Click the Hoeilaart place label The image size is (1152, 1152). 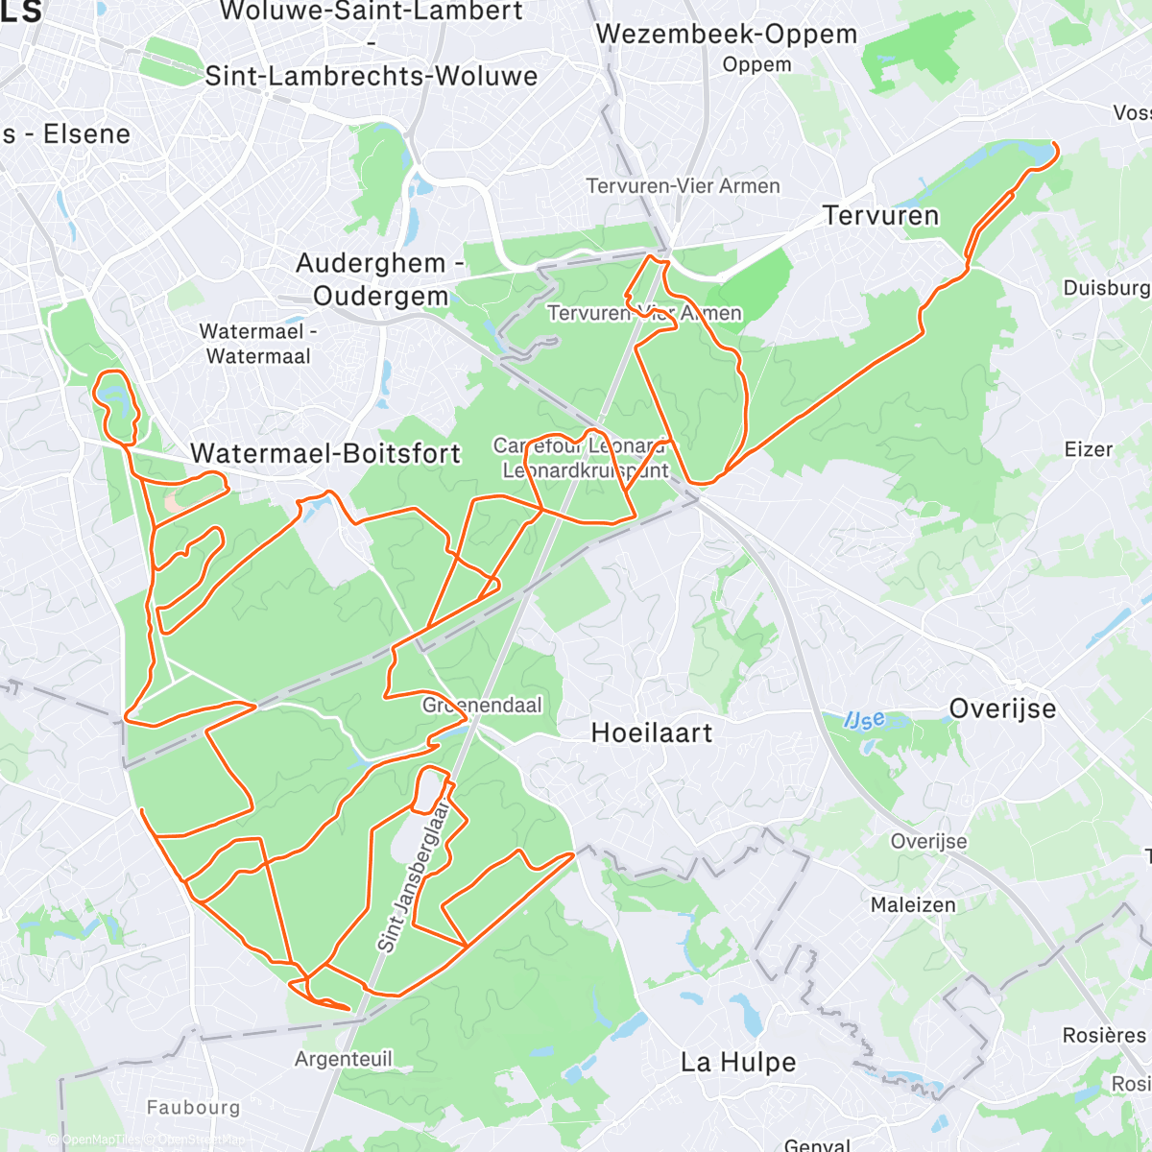(652, 733)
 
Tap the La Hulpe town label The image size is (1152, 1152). (738, 1063)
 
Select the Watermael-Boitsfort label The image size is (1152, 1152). (325, 453)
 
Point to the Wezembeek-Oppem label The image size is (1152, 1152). (726, 35)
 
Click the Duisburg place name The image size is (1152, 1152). (1106, 288)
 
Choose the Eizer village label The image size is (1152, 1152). (1089, 449)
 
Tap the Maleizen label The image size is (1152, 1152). (913, 904)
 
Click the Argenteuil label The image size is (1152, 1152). (344, 1059)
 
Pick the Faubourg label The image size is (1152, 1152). (193, 1107)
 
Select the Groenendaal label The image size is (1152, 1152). (482, 706)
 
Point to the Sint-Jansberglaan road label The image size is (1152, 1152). (415, 878)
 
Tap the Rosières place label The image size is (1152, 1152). (1104, 1036)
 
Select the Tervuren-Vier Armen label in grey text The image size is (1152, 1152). (683, 186)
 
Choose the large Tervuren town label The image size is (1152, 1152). (880, 216)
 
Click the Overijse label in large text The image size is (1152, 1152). (1002, 709)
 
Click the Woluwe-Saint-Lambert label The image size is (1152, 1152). (372, 12)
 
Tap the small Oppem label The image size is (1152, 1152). (757, 65)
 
